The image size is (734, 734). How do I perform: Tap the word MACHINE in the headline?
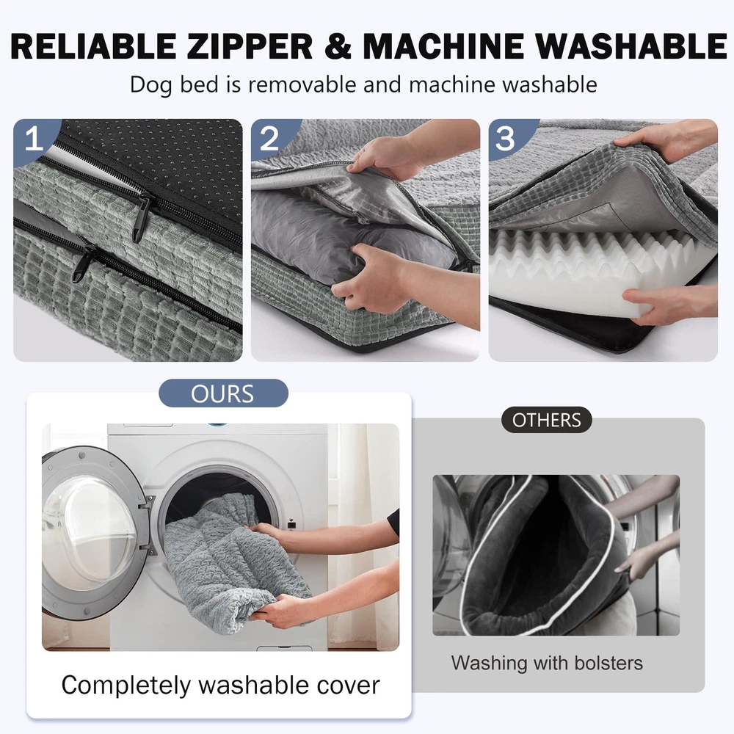443,46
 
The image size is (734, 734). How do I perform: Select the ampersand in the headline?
337,46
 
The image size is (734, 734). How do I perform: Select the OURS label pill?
223,393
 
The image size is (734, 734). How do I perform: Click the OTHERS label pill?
546,420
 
